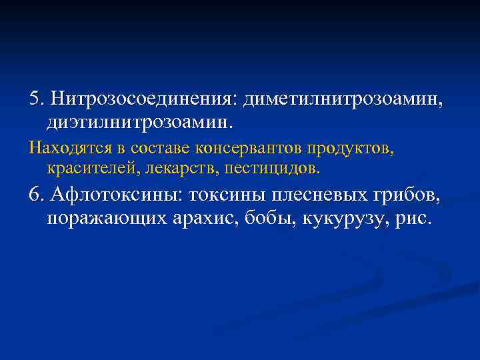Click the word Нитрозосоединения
click(x=143, y=100)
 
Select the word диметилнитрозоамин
click(x=341, y=100)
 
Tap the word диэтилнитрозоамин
click(x=139, y=123)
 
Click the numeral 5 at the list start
click(x=34, y=100)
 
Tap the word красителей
click(x=90, y=169)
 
